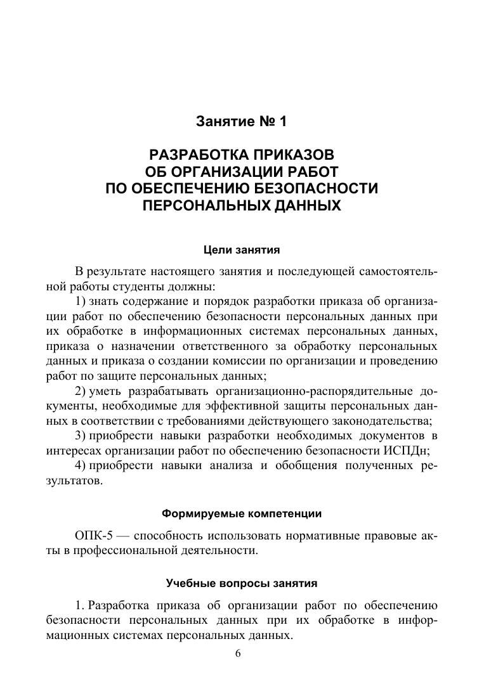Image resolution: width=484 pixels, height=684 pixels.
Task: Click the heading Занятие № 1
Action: pyautogui.click(x=241, y=120)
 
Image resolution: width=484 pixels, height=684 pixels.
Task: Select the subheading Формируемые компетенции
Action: pyautogui.click(x=241, y=513)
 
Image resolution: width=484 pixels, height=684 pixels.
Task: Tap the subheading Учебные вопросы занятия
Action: pyautogui.click(x=241, y=583)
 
